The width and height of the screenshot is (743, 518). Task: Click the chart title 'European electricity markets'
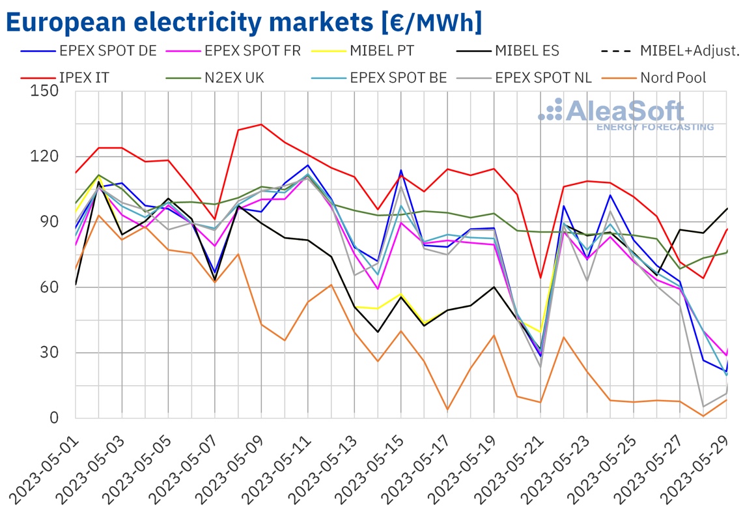[244, 22]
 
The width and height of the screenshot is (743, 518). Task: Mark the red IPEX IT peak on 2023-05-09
[261, 124]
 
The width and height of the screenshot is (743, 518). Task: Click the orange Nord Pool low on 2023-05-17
[447, 410]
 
